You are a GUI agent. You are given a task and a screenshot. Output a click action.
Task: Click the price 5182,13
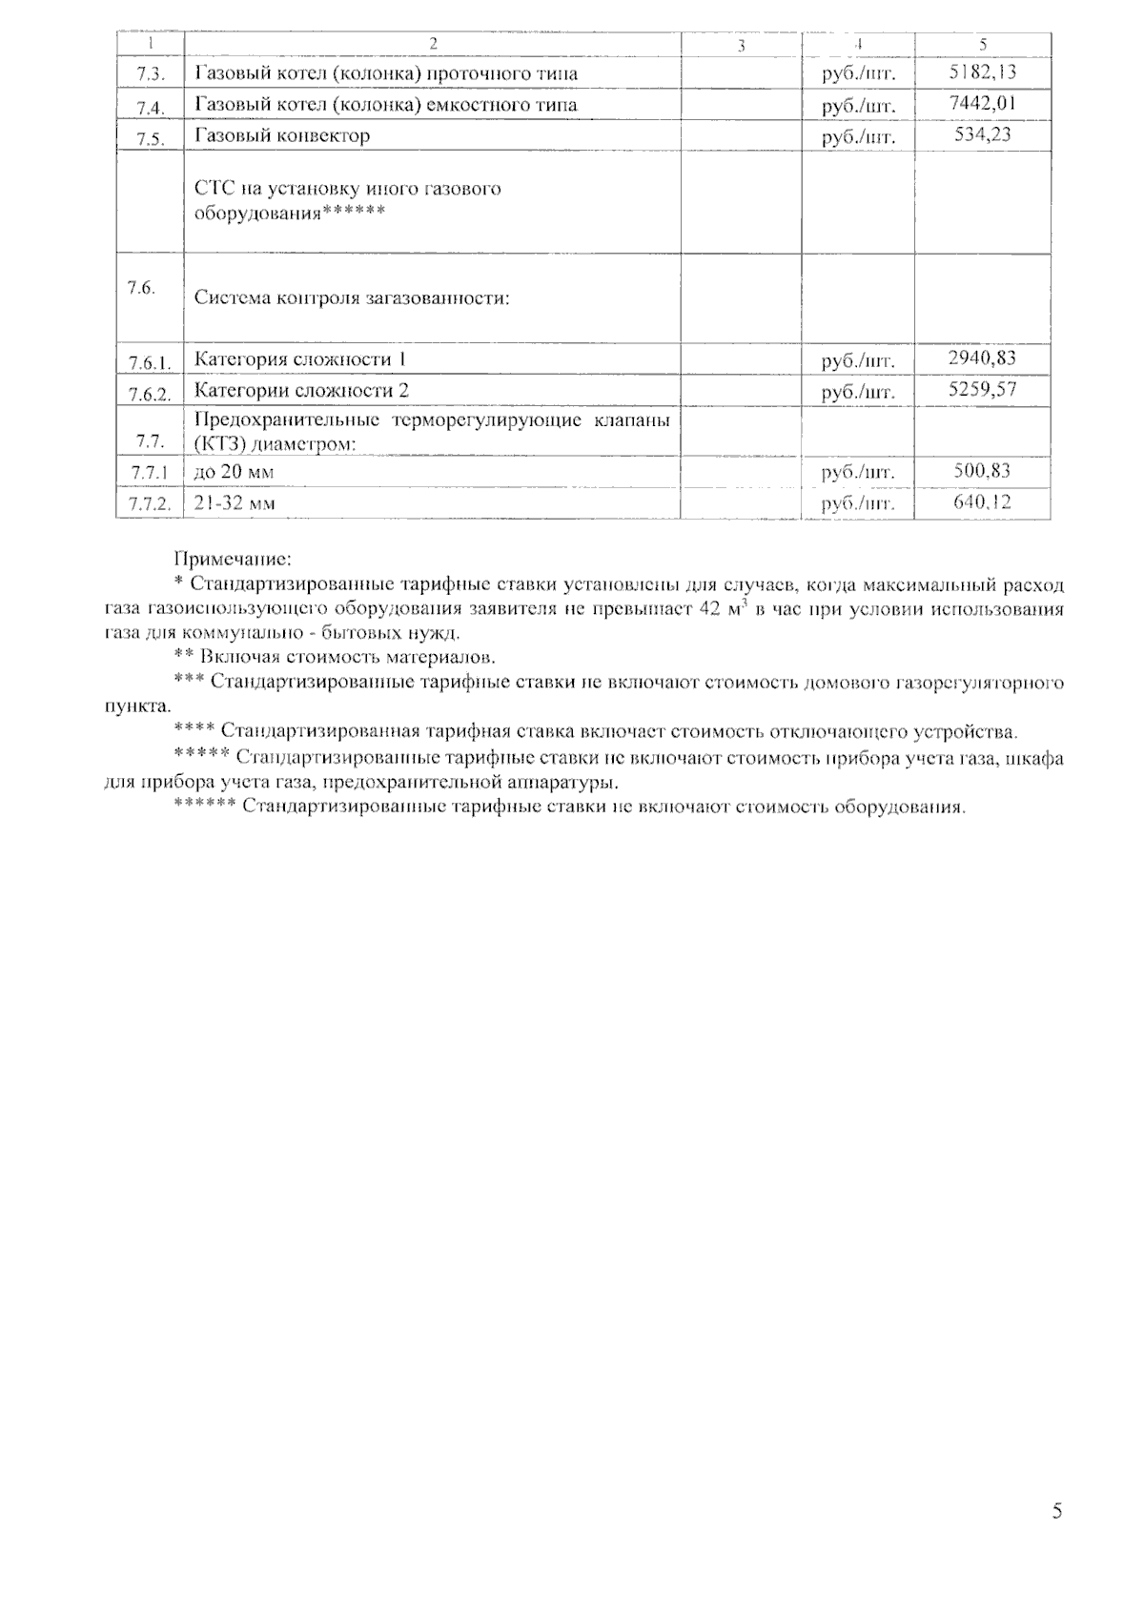coord(983,72)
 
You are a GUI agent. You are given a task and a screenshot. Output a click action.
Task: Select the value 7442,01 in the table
coord(983,103)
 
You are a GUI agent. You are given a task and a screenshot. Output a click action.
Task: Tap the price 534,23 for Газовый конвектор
coord(983,134)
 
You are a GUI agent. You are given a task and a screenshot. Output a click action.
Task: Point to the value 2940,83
coord(983,358)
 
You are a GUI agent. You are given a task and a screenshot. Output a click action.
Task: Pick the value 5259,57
coord(983,389)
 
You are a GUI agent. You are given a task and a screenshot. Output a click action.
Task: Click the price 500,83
coord(983,470)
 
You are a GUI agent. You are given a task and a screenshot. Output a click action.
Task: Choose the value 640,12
coord(983,501)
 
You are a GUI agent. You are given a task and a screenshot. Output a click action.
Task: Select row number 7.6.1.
coord(150,362)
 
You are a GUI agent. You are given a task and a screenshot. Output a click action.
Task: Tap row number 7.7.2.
coord(150,504)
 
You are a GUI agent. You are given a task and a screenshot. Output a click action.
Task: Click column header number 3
coord(741,45)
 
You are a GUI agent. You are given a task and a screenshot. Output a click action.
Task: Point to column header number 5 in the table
coord(983,44)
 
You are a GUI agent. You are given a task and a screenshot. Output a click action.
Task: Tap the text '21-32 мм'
coord(235,502)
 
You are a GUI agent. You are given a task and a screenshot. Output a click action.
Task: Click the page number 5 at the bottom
coord(1056,1511)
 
